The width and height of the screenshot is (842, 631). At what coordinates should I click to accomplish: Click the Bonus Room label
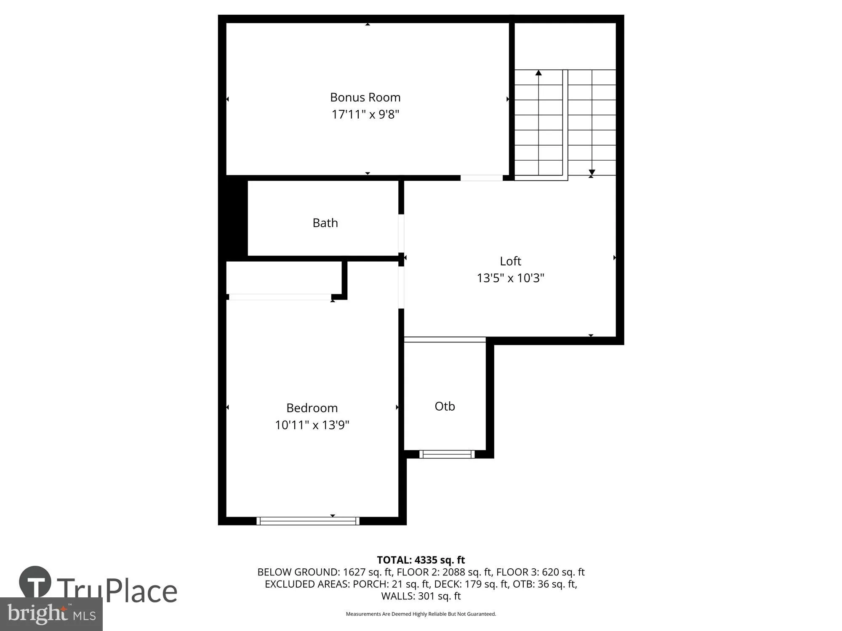(365, 97)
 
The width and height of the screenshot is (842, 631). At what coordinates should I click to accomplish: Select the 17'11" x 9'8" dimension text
(365, 114)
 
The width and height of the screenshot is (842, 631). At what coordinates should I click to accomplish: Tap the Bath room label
(325, 223)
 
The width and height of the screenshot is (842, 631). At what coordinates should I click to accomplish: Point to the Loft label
(510, 261)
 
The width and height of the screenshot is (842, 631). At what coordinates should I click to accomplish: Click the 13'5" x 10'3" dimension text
(510, 278)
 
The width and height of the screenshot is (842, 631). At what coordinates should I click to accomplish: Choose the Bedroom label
(312, 408)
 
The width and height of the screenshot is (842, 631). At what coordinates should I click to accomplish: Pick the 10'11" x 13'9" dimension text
(312, 425)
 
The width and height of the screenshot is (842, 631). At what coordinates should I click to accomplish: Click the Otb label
(445, 406)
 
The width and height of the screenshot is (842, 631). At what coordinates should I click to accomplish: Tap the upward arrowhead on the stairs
(538, 73)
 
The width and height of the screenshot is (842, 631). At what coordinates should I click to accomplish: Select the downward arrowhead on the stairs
(592, 172)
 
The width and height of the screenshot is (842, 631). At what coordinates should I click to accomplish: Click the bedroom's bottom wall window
(308, 521)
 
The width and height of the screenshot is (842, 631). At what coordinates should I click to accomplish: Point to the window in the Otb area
(447, 454)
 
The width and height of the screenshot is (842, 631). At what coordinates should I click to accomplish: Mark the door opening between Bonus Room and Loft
(481, 178)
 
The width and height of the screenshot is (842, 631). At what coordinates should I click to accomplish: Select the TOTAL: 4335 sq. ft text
(421, 560)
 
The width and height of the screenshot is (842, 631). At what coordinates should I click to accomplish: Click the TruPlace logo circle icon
(35, 582)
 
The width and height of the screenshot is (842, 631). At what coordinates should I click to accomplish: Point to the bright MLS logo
(51, 614)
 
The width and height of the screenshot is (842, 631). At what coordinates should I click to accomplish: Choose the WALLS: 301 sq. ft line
(421, 596)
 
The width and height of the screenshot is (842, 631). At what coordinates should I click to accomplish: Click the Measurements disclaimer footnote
(421, 614)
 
